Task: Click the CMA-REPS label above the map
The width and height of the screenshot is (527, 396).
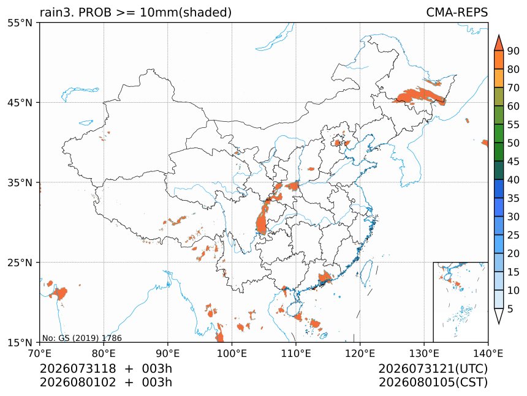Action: pyautogui.click(x=457, y=12)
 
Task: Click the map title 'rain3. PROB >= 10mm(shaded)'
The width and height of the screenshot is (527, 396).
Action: pyautogui.click(x=136, y=13)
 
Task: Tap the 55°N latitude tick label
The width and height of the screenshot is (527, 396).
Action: pyautogui.click(x=20, y=23)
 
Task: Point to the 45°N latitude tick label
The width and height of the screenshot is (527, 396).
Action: pyautogui.click(x=20, y=102)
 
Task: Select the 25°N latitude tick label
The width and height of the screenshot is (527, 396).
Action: pyautogui.click(x=20, y=262)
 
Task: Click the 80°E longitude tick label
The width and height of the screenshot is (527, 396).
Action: pyautogui.click(x=104, y=353)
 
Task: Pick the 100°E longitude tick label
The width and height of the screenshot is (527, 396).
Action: pyautogui.click(x=232, y=353)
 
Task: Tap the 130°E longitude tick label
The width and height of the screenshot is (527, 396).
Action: pyautogui.click(x=424, y=353)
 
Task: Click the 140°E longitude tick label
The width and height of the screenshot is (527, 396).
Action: pyautogui.click(x=488, y=353)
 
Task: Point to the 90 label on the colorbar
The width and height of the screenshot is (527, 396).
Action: pyautogui.click(x=514, y=51)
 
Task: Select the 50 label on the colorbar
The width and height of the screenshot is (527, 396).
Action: pyautogui.click(x=514, y=143)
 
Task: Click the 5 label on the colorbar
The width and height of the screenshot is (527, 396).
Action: pyautogui.click(x=510, y=308)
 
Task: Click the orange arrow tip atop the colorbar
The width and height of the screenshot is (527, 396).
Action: pyautogui.click(x=499, y=35)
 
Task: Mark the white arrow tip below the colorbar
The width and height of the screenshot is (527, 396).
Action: pyautogui.click(x=499, y=324)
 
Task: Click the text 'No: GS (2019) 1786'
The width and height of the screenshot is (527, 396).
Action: pyautogui.click(x=82, y=338)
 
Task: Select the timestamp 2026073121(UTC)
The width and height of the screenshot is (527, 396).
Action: pyautogui.click(x=433, y=368)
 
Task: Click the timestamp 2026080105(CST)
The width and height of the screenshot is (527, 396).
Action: pyautogui.click(x=433, y=383)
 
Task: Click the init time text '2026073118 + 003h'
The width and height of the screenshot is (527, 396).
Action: pyautogui.click(x=106, y=368)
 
